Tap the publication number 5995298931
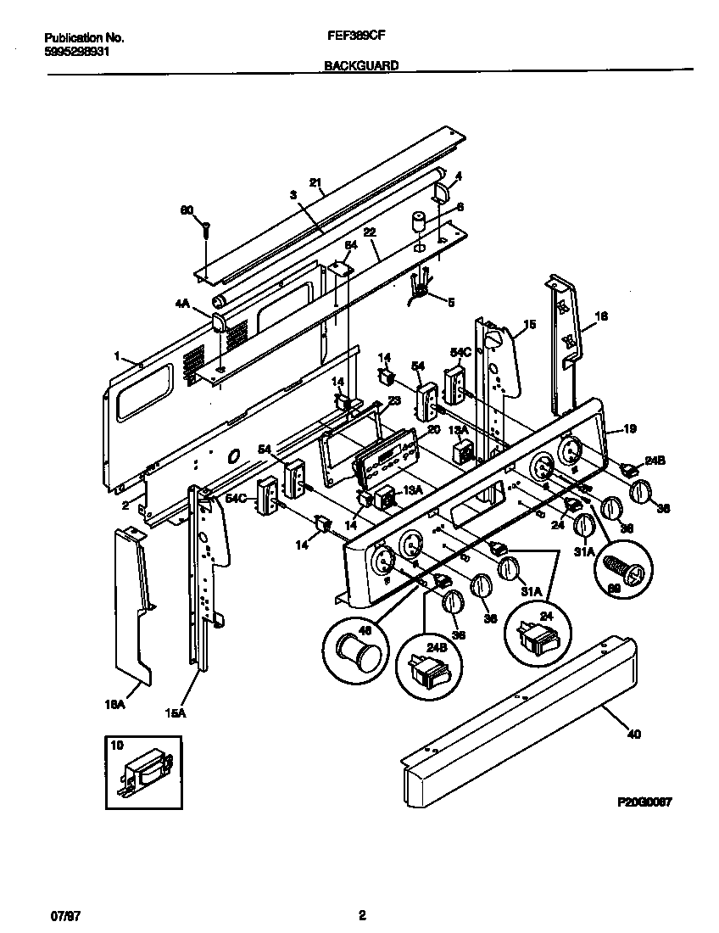point(75,51)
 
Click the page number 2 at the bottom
point(362,915)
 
